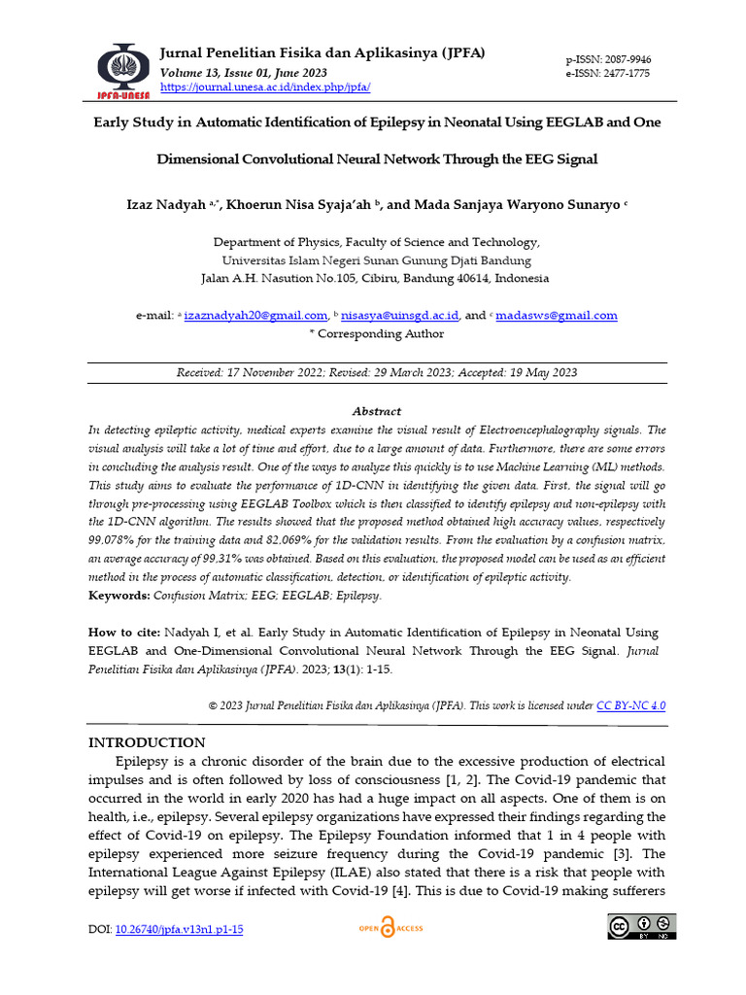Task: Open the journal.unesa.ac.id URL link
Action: point(264,86)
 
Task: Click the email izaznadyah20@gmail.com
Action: point(254,316)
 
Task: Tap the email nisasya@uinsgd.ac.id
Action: point(400,316)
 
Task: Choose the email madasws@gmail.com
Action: point(556,316)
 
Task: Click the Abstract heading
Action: point(377,411)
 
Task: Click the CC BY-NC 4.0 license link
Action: point(630,706)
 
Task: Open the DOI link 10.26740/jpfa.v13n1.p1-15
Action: point(180,930)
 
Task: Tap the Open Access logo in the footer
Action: point(390,929)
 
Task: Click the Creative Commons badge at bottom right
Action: point(641,928)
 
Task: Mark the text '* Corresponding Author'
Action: point(376,333)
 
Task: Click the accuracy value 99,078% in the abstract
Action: point(114,539)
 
